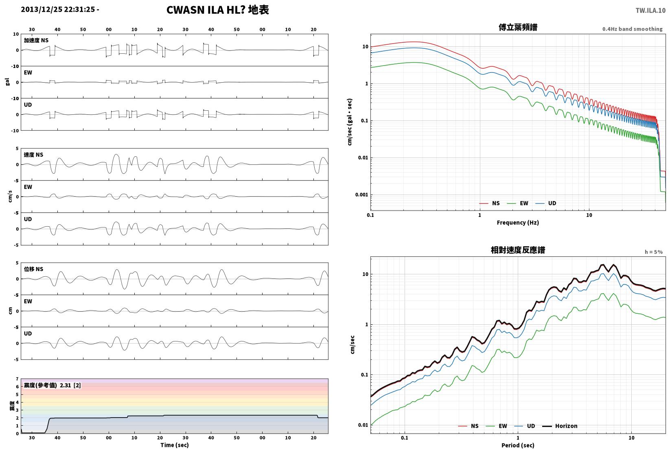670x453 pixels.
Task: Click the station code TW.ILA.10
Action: pyautogui.click(x=650, y=11)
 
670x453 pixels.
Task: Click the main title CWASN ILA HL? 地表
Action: pyautogui.click(x=217, y=10)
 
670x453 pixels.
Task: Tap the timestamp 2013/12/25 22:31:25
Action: pyautogui.click(x=58, y=9)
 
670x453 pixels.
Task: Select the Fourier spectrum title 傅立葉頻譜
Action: pyautogui.click(x=518, y=27)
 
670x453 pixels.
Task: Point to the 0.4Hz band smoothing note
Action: pyautogui.click(x=632, y=29)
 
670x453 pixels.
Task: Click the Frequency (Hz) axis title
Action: pyautogui.click(x=518, y=223)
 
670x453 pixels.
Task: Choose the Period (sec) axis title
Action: pyautogui.click(x=518, y=445)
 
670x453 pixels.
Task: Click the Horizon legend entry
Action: pyautogui.click(x=560, y=426)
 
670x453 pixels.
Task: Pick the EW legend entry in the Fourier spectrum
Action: pyautogui.click(x=518, y=203)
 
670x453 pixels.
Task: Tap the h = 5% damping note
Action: pyautogui.click(x=654, y=252)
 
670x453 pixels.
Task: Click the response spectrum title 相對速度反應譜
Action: pyautogui.click(x=518, y=250)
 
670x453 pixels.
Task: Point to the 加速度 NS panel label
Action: pyautogui.click(x=36, y=40)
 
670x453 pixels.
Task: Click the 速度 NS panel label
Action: pyautogui.click(x=33, y=155)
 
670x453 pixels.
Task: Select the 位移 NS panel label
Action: pyautogui.click(x=33, y=269)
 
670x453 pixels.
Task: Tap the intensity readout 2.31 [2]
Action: pyautogui.click(x=70, y=385)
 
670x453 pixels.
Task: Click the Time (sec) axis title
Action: pyautogui.click(x=175, y=445)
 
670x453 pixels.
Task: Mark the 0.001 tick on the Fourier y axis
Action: pyautogui.click(x=361, y=195)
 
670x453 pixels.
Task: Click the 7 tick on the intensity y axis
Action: pyautogui.click(x=18, y=379)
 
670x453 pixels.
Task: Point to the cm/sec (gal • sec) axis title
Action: pyautogui.click(x=350, y=122)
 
